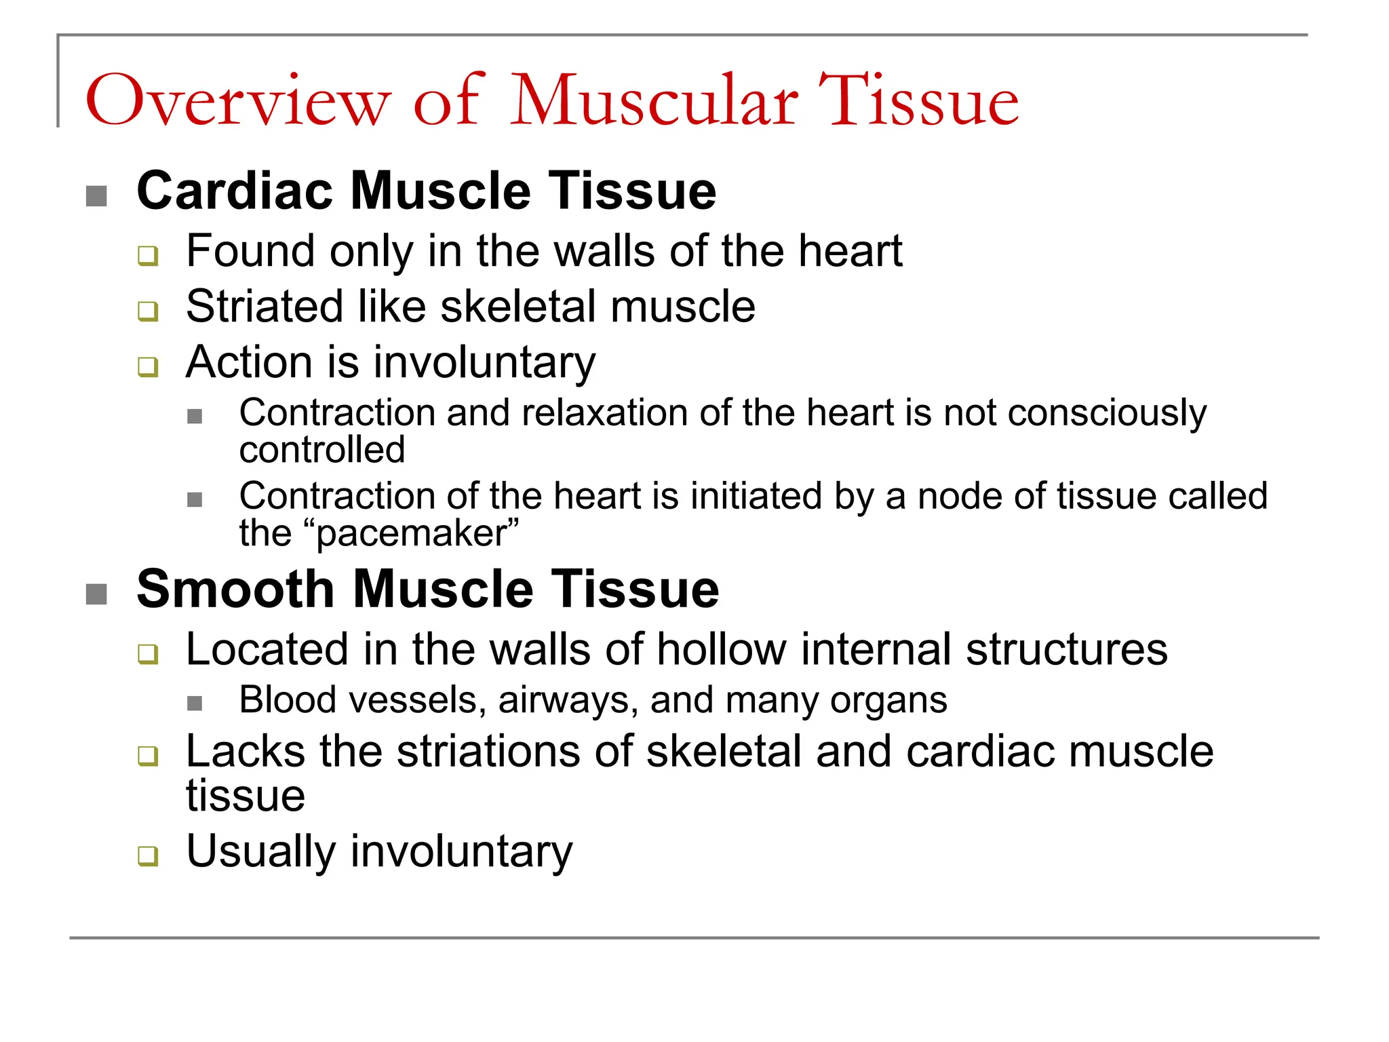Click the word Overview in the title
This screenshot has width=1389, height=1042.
238,102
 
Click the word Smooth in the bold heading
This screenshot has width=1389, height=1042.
235,590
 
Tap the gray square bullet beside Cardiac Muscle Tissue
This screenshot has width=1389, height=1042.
96,196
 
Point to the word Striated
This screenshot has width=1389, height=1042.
264,307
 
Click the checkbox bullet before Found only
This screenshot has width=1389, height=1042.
148,256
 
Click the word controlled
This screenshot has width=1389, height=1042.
322,450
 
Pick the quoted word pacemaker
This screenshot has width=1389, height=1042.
412,534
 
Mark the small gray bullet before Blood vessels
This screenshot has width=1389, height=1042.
195,703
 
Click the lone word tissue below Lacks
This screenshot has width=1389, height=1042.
246,796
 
